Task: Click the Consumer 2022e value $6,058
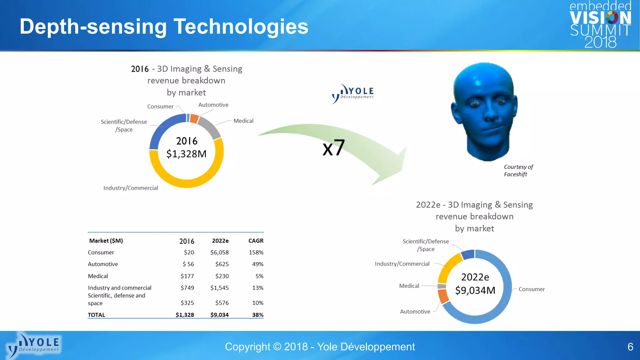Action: click(x=219, y=252)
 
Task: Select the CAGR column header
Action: click(x=256, y=241)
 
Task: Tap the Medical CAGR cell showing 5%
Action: click(x=259, y=276)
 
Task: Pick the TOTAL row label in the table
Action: click(x=96, y=315)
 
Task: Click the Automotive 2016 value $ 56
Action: click(x=188, y=264)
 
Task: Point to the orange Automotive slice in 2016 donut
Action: click(x=194, y=119)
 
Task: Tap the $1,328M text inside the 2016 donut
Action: click(x=187, y=154)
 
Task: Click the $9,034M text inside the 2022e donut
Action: click(x=475, y=290)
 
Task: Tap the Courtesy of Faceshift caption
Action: click(x=518, y=171)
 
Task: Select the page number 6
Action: click(x=630, y=347)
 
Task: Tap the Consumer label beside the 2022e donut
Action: click(x=531, y=289)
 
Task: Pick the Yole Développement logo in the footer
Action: click(x=34, y=345)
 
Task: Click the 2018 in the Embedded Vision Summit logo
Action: click(x=600, y=42)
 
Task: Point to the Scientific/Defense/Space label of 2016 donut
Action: click(x=124, y=125)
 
